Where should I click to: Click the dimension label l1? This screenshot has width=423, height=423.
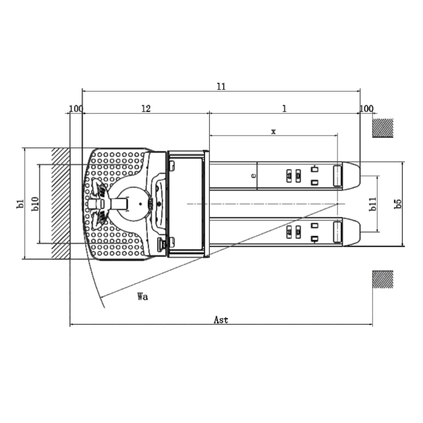[221, 86]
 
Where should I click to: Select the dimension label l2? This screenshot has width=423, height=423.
[146, 108]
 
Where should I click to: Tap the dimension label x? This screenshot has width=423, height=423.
[273, 132]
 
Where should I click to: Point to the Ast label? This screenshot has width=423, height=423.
[221, 320]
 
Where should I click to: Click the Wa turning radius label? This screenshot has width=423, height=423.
[143, 297]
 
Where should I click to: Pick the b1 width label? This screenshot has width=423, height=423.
[20, 204]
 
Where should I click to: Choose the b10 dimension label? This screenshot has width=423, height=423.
[35, 204]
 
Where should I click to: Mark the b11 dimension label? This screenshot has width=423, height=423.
[373, 204]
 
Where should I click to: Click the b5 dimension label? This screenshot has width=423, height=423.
[398, 204]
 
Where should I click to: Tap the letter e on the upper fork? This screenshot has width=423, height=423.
[253, 176]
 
